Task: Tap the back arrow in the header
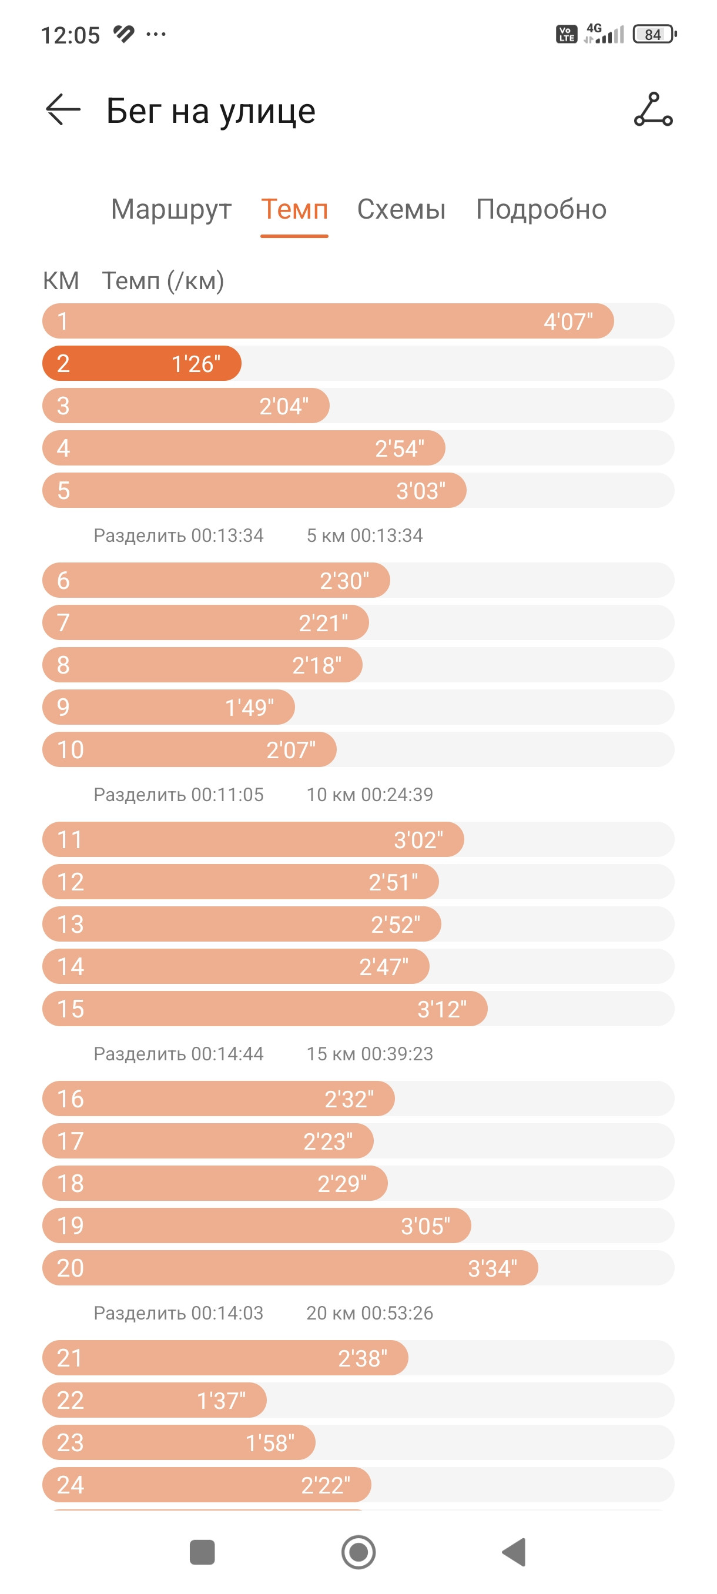[x=63, y=109]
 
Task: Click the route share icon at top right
[x=654, y=109]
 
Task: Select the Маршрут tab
[x=172, y=210]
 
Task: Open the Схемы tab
[x=401, y=210]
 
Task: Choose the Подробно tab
[x=541, y=210]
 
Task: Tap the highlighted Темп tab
[x=294, y=210]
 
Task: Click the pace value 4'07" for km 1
[x=568, y=322]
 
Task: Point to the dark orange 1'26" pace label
[x=196, y=364]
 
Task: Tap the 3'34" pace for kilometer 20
[x=492, y=1268]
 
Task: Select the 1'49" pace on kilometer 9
[x=249, y=707]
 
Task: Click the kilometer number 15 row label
[x=71, y=1009]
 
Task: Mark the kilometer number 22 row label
[x=71, y=1400]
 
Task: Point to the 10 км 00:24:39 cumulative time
[x=370, y=795]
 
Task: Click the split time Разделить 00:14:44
[x=179, y=1054]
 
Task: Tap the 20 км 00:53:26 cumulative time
[x=370, y=1313]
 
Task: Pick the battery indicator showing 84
[x=655, y=34]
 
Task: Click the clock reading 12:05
[x=71, y=35]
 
